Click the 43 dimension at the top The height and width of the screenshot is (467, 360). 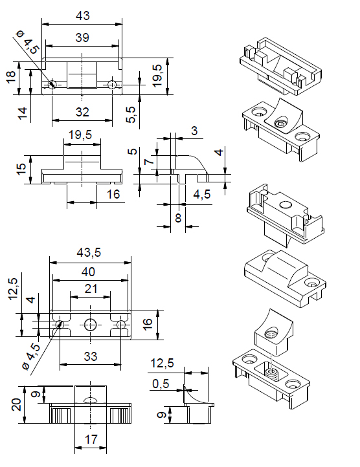83,16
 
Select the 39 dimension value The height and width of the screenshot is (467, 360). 82,38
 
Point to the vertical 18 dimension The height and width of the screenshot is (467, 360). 11,77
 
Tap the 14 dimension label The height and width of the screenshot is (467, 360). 23,113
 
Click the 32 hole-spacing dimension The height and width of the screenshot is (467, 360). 82,112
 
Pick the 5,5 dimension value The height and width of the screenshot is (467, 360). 131,114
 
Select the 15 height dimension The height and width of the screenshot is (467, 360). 21,169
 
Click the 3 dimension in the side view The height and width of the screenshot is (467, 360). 194,131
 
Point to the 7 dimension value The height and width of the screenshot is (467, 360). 149,162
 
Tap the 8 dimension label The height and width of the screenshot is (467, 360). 178,218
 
